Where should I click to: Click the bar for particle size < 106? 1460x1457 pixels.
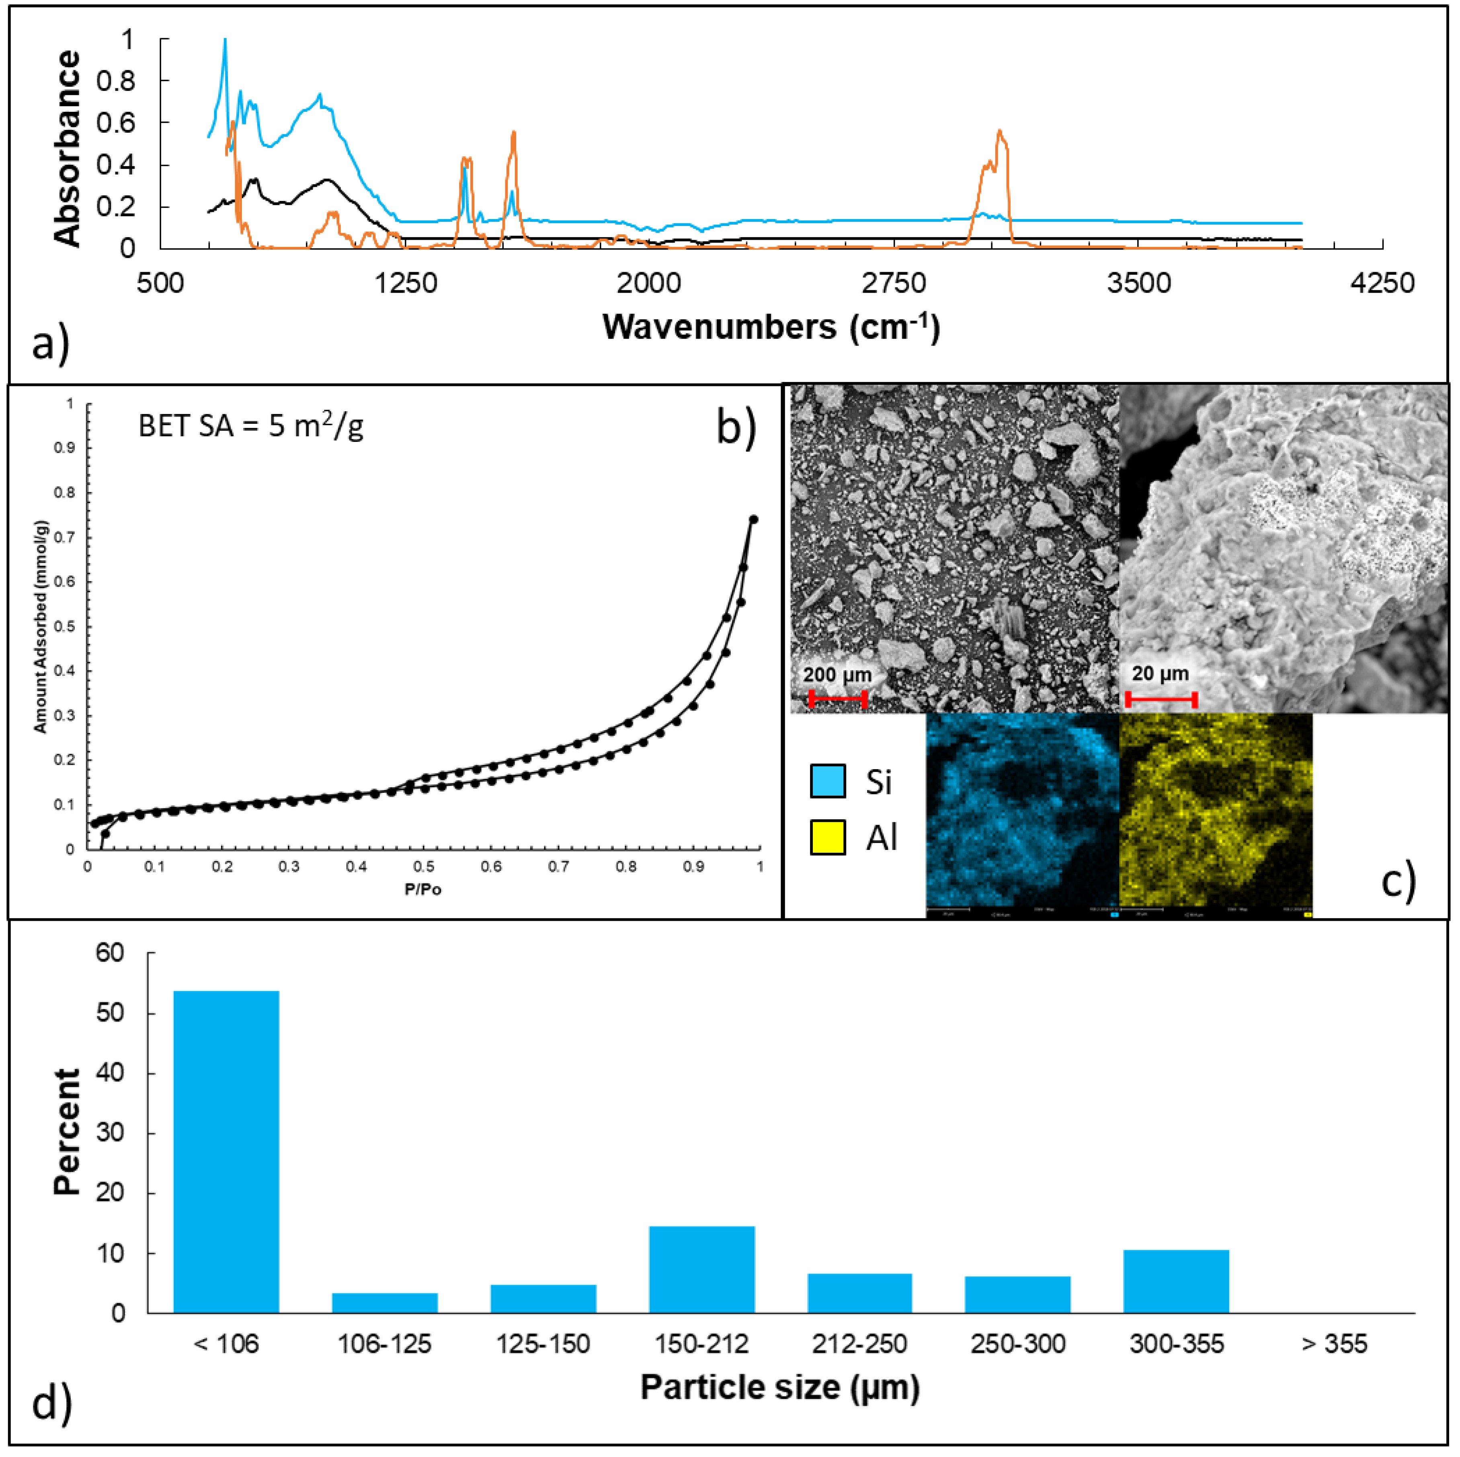coord(226,1152)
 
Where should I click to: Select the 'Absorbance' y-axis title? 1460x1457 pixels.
coord(68,149)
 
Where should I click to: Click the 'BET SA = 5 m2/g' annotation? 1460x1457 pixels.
coord(251,427)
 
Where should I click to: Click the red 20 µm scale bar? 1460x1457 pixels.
coord(1161,699)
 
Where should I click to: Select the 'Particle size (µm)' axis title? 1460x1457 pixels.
coord(780,1387)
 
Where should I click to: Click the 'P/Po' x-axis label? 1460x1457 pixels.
coord(423,889)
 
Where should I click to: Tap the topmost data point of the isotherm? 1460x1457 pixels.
coord(753,519)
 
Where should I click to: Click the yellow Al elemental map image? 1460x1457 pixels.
coord(1215,815)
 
